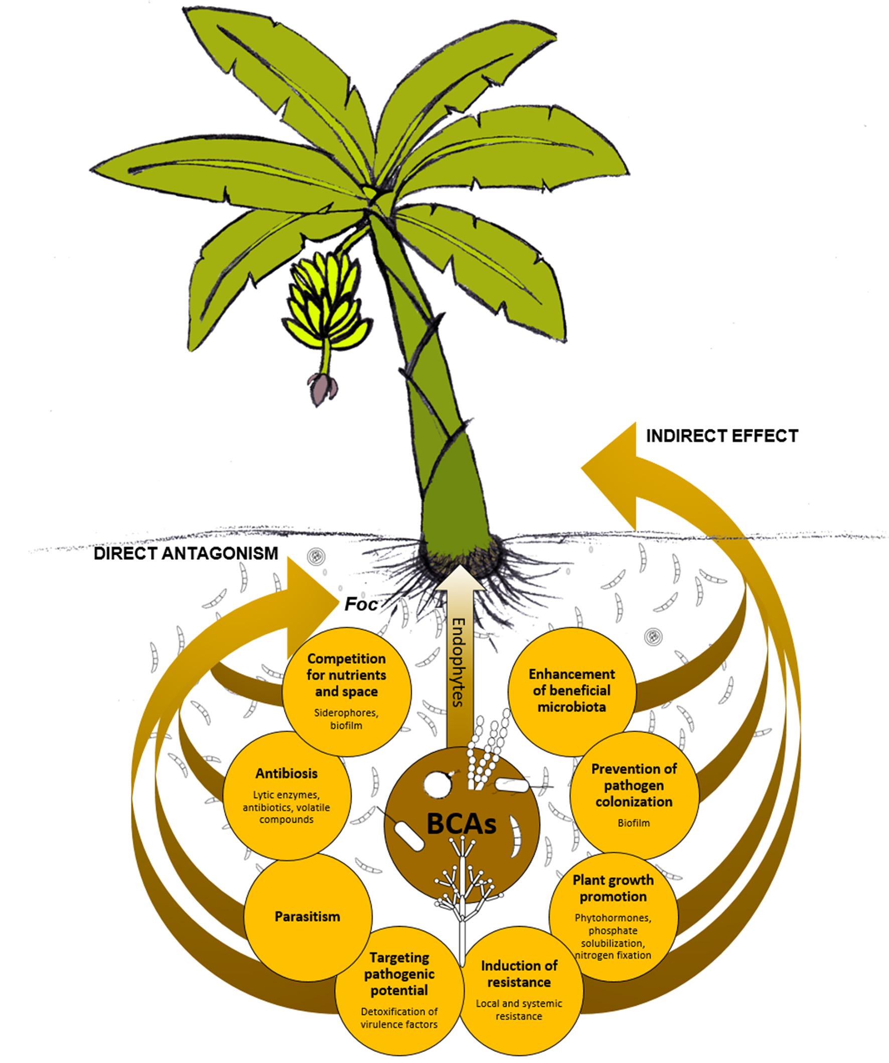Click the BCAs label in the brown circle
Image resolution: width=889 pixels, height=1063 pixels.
coord(461,824)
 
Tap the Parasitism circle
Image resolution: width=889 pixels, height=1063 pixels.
coord(308,916)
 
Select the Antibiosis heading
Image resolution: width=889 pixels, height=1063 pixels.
coord(286,774)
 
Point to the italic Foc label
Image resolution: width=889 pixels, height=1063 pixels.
coord(360,604)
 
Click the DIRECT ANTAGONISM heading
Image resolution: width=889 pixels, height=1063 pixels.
coord(186,553)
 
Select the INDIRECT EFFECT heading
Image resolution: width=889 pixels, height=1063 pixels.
coord(722,436)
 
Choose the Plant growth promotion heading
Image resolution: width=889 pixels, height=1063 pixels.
coord(613,888)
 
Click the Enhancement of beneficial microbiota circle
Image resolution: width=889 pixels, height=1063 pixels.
coord(571,690)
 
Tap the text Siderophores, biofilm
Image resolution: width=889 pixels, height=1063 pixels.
coord(346,719)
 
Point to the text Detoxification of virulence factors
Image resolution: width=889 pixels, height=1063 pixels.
coord(399,1017)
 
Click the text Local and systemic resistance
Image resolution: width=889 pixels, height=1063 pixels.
coord(519,1009)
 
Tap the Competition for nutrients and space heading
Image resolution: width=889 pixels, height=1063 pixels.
coord(346,675)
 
